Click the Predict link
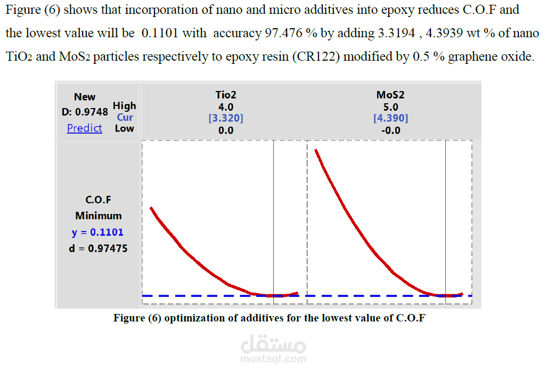84,128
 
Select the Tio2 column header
226,95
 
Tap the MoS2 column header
390,95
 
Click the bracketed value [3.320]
226,118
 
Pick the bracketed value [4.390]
390,118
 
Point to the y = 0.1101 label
97,232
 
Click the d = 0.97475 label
99,248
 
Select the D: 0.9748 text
85,112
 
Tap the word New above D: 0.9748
85,97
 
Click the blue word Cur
125,117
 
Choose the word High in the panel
125,106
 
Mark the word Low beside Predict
125,128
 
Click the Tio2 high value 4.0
226,107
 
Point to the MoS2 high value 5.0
390,107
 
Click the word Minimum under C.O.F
98,216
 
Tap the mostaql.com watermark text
273,359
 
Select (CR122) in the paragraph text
314,56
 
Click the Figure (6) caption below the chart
269,318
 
